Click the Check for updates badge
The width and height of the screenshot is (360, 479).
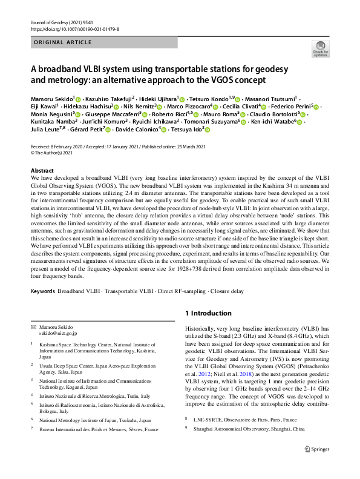point(320,49)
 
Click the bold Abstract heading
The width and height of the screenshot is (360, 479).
point(42,171)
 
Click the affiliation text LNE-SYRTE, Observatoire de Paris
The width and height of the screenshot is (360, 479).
point(237,419)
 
